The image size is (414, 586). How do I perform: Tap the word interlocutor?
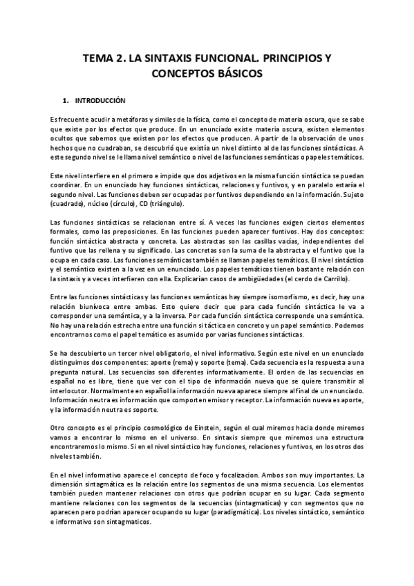click(x=73, y=390)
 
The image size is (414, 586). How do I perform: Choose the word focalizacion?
click(x=242, y=475)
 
